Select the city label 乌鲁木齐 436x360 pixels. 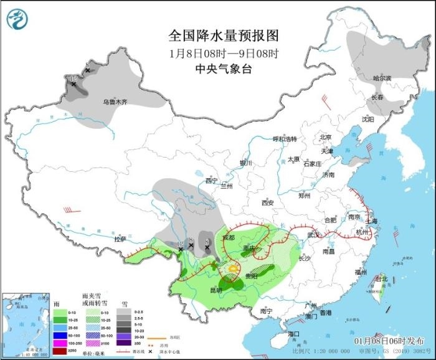coord(115,102)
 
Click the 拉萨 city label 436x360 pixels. coord(120,239)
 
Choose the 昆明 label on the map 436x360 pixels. coord(215,290)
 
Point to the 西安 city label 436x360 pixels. coord(267,202)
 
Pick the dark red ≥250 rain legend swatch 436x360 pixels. coord(59,351)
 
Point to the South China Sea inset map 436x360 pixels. coord(24,324)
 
